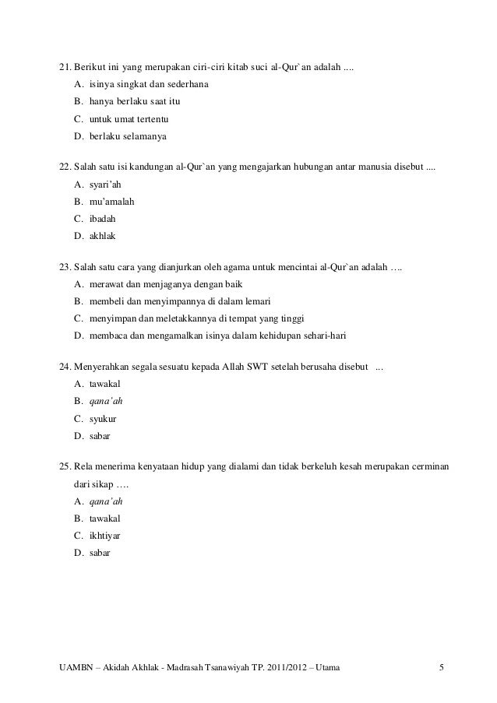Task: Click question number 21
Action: point(65,63)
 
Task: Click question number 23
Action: point(65,267)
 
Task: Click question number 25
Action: point(65,466)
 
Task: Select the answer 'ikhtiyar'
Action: point(104,536)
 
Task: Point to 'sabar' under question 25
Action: point(100,553)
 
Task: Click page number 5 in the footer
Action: point(442,667)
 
